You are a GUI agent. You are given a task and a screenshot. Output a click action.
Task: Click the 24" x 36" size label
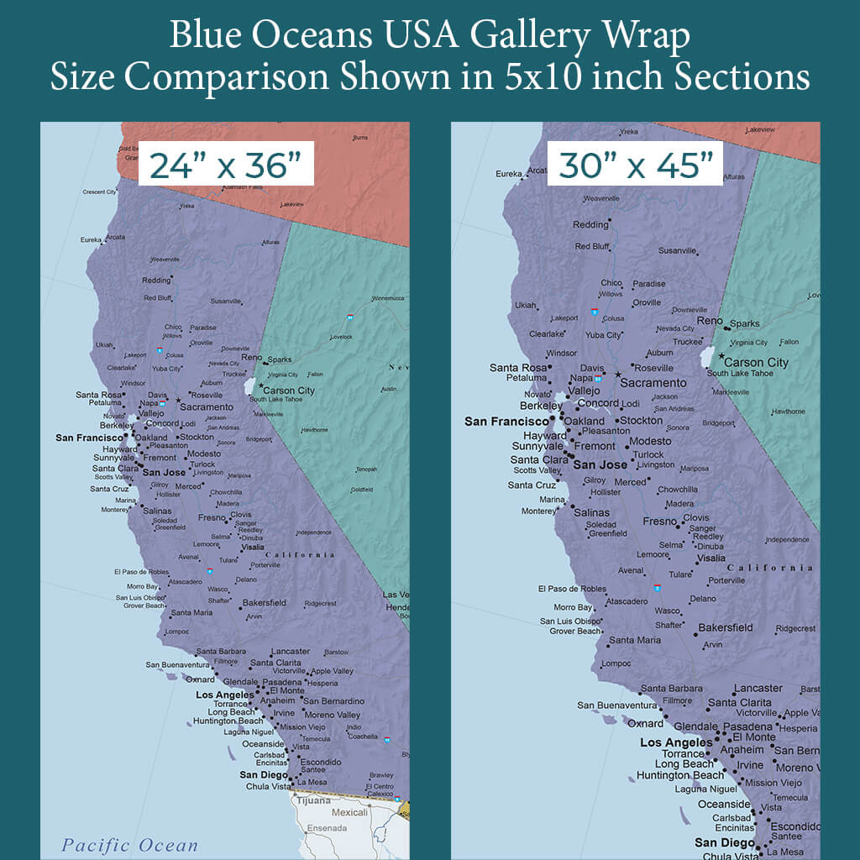(225, 165)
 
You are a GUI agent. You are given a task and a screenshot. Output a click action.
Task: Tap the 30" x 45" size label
(636, 165)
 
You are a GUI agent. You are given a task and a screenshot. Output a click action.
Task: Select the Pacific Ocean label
(129, 845)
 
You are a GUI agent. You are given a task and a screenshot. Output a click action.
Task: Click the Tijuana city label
(312, 801)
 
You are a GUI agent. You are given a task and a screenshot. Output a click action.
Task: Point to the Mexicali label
(350, 812)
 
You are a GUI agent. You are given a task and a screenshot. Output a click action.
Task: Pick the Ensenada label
(327, 828)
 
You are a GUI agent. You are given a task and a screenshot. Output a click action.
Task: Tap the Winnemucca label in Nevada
(388, 298)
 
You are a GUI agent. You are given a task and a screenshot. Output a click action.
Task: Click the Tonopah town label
(366, 469)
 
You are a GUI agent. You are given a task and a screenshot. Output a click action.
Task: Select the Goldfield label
(361, 490)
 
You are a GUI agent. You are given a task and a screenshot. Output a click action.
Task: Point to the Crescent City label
(99, 192)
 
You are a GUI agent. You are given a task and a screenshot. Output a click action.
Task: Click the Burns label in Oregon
(360, 137)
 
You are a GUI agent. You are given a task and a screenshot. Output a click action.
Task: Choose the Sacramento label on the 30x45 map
(653, 383)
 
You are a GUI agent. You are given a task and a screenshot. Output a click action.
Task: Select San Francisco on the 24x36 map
(90, 438)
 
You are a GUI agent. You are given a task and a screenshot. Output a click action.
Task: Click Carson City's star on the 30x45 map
(721, 356)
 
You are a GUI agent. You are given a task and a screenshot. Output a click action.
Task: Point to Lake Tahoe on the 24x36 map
(249, 386)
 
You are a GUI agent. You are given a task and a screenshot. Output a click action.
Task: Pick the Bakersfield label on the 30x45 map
(725, 627)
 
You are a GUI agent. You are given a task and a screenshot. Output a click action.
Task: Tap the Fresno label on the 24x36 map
(212, 518)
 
